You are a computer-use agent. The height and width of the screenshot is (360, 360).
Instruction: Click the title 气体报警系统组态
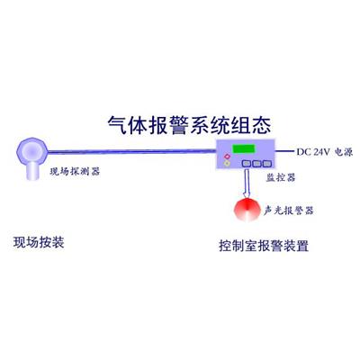pyautogui.click(x=189, y=124)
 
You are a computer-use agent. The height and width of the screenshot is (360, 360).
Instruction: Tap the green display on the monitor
pyautogui.click(x=244, y=148)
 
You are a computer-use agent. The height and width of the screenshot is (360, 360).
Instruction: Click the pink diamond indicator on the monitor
pyautogui.click(x=227, y=157)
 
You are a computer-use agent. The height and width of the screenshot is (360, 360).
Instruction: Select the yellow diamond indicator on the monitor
pyautogui.click(x=227, y=164)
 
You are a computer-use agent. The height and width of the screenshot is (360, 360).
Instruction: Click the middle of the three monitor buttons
pyautogui.click(x=256, y=164)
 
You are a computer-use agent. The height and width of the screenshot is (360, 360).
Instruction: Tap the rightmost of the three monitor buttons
pyautogui.click(x=267, y=164)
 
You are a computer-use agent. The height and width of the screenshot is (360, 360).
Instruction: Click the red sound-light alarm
pyautogui.click(x=247, y=210)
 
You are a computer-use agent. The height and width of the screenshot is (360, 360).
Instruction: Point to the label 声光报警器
pyautogui.click(x=288, y=211)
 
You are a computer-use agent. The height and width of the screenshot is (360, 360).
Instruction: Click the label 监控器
pyautogui.click(x=281, y=177)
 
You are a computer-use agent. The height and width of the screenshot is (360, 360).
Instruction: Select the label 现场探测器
pyautogui.click(x=75, y=172)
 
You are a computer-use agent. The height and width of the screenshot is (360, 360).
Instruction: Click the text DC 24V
pyautogui.click(x=313, y=152)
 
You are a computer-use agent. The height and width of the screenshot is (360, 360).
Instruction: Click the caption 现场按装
pyautogui.click(x=39, y=242)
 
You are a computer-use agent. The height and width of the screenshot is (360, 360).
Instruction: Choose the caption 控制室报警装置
pyautogui.click(x=264, y=246)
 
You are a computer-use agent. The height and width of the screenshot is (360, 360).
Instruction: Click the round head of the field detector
pyautogui.click(x=32, y=151)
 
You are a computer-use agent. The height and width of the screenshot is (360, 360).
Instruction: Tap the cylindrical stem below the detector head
pyautogui.click(x=32, y=172)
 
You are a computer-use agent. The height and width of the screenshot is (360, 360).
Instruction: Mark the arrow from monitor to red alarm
pyautogui.click(x=247, y=184)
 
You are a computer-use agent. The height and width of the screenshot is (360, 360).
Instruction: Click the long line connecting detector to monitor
pyautogui.click(x=132, y=151)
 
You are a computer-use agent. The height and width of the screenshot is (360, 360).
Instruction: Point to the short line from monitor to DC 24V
pyautogui.click(x=284, y=151)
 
